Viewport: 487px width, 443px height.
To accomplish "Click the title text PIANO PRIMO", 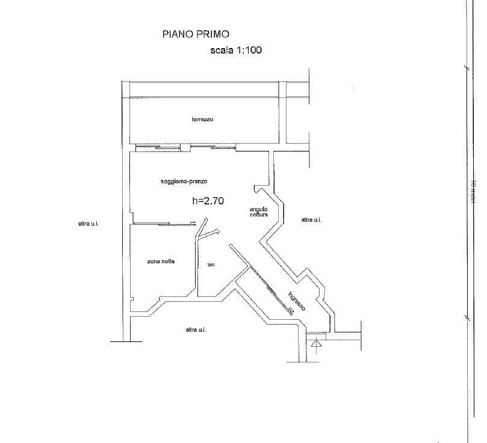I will (196, 34).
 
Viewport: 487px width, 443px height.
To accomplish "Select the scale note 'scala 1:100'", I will (235, 50).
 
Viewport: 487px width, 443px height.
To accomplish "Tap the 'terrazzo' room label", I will (202, 119).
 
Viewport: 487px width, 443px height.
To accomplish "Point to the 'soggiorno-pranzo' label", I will (184, 181).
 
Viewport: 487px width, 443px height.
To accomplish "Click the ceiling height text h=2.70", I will (208, 201).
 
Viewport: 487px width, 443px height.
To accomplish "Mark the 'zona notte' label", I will (161, 261).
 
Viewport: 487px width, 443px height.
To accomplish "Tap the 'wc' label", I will (211, 264).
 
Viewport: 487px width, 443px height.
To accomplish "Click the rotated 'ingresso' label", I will (297, 300).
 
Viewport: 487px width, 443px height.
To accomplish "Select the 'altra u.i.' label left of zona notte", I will (88, 224).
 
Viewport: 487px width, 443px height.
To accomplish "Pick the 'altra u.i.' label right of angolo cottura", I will (311, 220).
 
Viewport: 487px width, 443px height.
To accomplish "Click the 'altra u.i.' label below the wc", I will (196, 329).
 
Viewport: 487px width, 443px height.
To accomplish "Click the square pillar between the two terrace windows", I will (191, 146).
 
